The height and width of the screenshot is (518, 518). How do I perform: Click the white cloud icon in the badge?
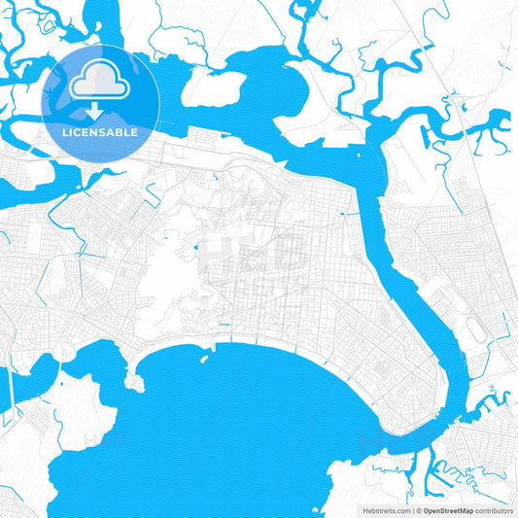point(100,79)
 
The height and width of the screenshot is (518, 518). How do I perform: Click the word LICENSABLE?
point(100,131)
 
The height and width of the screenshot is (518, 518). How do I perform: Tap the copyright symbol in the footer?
point(419,509)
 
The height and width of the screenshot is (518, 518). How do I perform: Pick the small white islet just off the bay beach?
point(204,358)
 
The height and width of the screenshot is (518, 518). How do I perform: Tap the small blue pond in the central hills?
point(198,247)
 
